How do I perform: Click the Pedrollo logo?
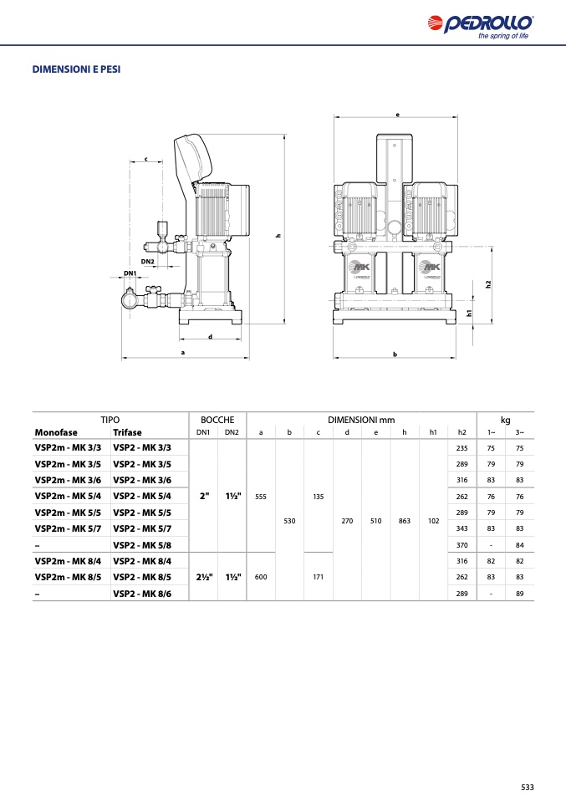click(x=480, y=27)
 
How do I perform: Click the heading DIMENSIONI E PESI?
click(x=77, y=69)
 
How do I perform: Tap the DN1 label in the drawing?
click(x=130, y=273)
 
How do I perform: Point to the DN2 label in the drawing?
click(x=148, y=262)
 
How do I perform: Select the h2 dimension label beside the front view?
click(x=488, y=284)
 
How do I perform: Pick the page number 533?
click(x=528, y=788)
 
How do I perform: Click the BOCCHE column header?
click(x=217, y=420)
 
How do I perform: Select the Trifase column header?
click(x=127, y=432)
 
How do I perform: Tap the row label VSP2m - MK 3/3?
click(x=68, y=448)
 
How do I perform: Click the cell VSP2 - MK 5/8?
click(x=142, y=545)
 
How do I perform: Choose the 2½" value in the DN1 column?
click(x=204, y=577)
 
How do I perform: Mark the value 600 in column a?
click(x=261, y=577)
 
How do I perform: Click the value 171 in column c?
click(x=319, y=577)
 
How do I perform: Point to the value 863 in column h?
click(x=405, y=521)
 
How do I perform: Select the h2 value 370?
click(x=461, y=545)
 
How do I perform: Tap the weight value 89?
click(x=519, y=594)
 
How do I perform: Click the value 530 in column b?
click(x=289, y=521)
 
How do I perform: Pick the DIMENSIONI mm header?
click(x=361, y=420)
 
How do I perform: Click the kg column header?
click(x=505, y=420)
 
